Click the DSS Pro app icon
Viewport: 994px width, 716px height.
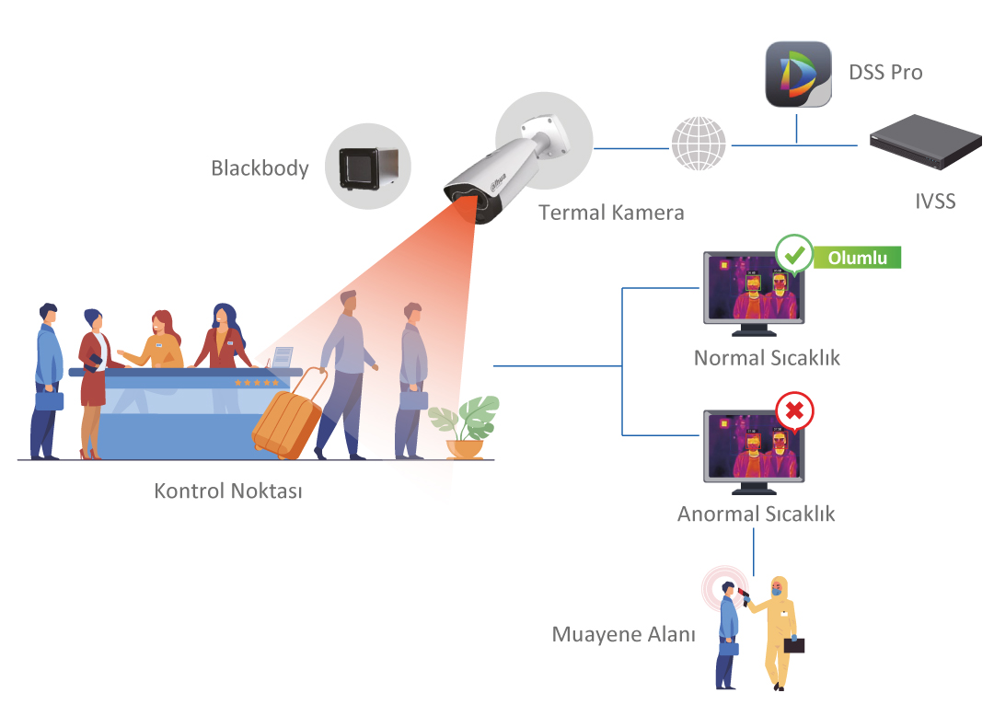[x=798, y=75]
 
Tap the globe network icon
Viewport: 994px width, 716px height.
[x=699, y=144]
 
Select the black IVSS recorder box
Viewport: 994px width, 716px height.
[x=926, y=142]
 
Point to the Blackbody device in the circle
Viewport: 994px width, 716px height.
[x=368, y=168]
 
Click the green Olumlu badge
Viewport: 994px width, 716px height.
[x=857, y=258]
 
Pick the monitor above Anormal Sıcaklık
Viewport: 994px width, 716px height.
[x=754, y=452]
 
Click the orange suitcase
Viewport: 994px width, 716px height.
[x=289, y=415]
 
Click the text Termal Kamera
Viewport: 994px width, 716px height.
[x=611, y=213]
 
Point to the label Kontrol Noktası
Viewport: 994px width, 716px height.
[x=228, y=491]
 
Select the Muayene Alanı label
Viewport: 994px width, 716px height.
[x=623, y=634]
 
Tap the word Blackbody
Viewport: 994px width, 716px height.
[x=260, y=168]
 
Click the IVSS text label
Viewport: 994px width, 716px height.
[x=935, y=202]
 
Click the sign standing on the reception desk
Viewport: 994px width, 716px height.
[x=283, y=357]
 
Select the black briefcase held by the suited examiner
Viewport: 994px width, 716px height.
[x=794, y=645]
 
